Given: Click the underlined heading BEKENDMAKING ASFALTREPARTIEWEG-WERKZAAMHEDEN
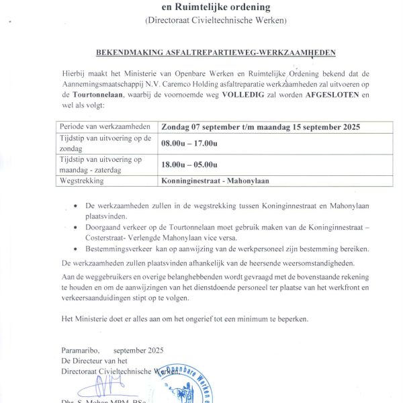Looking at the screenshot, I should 206,52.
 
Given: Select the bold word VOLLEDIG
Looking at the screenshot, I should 259,96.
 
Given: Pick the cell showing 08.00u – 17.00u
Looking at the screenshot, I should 189,144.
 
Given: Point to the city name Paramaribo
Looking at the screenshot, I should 80,351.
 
